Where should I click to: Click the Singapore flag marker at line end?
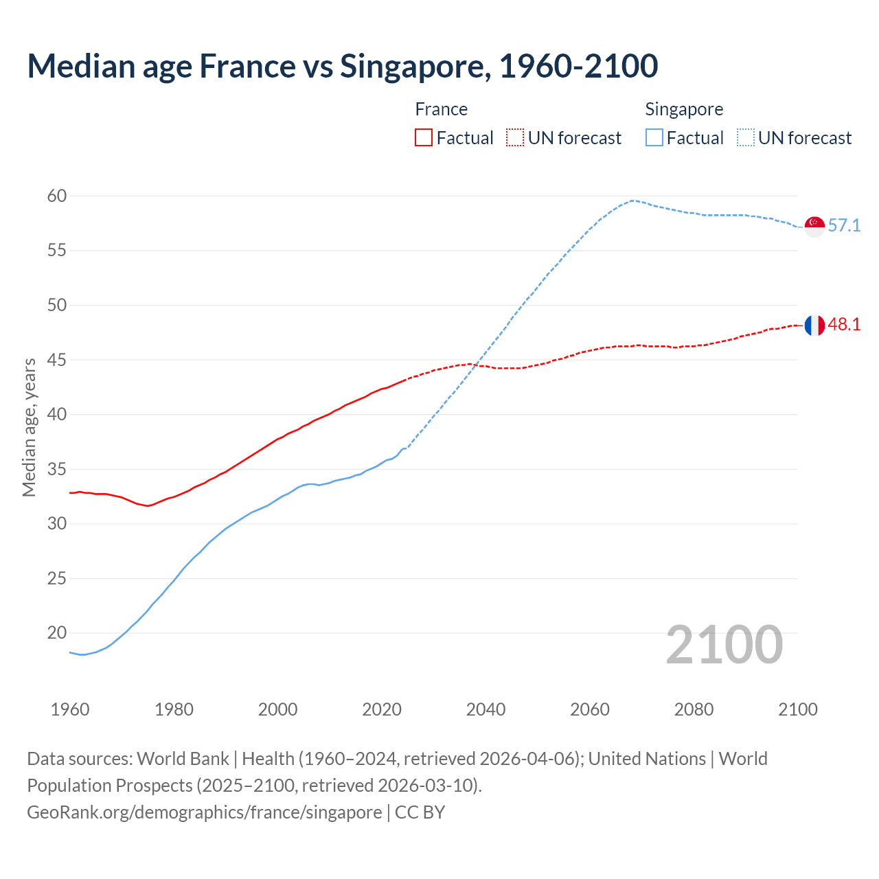click(x=814, y=226)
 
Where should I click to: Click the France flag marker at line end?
click(x=814, y=326)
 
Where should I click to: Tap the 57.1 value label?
click(x=844, y=226)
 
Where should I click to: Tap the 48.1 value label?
click(x=844, y=325)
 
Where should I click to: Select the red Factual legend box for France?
click(x=424, y=138)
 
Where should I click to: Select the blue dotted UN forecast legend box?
click(x=746, y=138)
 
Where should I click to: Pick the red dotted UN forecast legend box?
click(x=515, y=138)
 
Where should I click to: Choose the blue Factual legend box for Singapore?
click(x=654, y=138)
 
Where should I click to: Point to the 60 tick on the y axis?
click(x=57, y=196)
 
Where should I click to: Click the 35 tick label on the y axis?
click(x=57, y=470)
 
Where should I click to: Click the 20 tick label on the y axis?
click(x=57, y=633)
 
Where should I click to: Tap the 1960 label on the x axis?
click(x=70, y=709)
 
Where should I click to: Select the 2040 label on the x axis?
click(x=486, y=709)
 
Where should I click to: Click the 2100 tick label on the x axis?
click(x=798, y=709)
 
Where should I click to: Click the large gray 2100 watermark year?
click(x=724, y=644)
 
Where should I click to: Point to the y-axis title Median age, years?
click(x=29, y=427)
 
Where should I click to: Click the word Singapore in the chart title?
click(x=415, y=66)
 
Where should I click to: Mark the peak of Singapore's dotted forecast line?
click(x=632, y=201)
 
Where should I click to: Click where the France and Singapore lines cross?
click(x=475, y=365)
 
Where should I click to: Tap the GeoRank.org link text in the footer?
click(x=204, y=812)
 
